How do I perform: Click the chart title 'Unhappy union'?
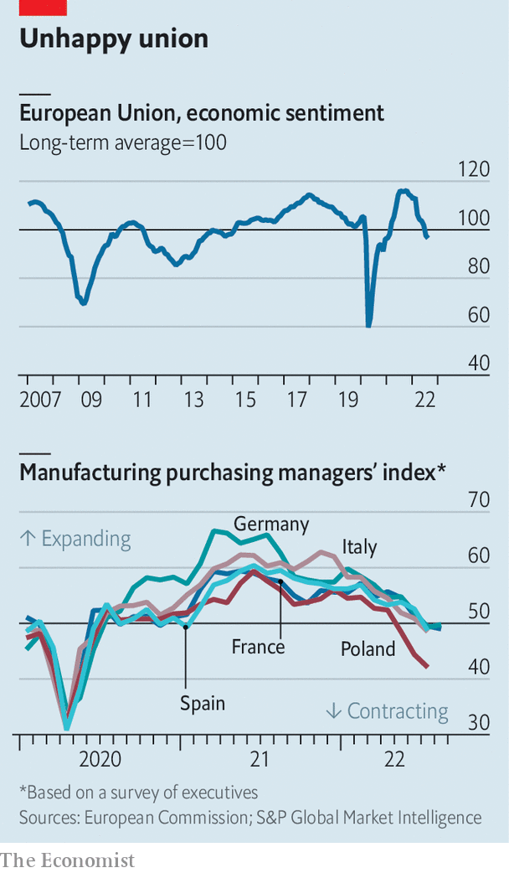[x=114, y=39]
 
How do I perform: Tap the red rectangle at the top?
[x=43, y=7]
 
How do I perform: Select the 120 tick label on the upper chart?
[x=475, y=170]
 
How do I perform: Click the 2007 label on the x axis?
[x=40, y=399]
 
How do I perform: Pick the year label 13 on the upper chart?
[x=193, y=399]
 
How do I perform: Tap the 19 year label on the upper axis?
[x=348, y=399]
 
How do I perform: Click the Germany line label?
[x=271, y=524]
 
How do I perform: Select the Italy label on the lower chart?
[x=359, y=547]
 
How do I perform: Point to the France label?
[x=258, y=647]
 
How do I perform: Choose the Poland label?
[x=368, y=648]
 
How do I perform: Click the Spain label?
[x=203, y=702]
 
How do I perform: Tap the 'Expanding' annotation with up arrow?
[x=75, y=538]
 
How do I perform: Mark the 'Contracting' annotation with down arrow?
[x=387, y=711]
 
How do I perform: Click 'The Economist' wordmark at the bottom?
[x=67, y=860]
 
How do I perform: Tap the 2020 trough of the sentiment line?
[x=368, y=325]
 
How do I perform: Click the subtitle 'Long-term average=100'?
[x=123, y=142]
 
